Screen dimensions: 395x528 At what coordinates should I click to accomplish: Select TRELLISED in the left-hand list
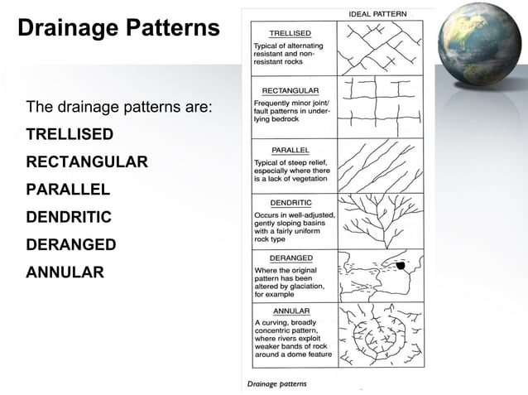coord(70,133)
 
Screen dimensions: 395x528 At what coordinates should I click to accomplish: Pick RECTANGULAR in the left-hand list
coord(87,161)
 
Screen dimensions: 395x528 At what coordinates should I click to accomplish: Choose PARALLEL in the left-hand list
coord(68,189)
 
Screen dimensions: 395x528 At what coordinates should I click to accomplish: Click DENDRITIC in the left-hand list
coord(69,217)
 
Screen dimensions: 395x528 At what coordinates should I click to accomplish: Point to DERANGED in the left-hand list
coord(71,245)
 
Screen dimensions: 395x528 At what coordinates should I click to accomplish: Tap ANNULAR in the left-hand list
coord(65,272)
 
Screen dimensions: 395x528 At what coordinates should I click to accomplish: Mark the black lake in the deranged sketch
coord(401,266)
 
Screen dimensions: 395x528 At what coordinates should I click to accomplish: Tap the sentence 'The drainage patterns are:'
coord(119,108)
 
